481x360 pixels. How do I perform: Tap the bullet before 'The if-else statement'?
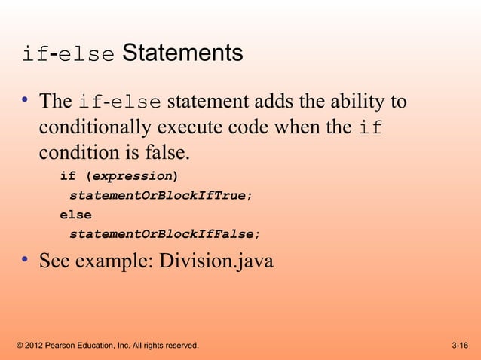(x=25, y=100)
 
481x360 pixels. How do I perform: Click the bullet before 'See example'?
(x=25, y=261)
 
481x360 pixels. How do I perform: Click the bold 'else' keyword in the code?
(x=75, y=215)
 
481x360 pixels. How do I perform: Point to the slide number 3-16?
(x=459, y=346)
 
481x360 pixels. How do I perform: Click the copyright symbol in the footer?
(x=19, y=346)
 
